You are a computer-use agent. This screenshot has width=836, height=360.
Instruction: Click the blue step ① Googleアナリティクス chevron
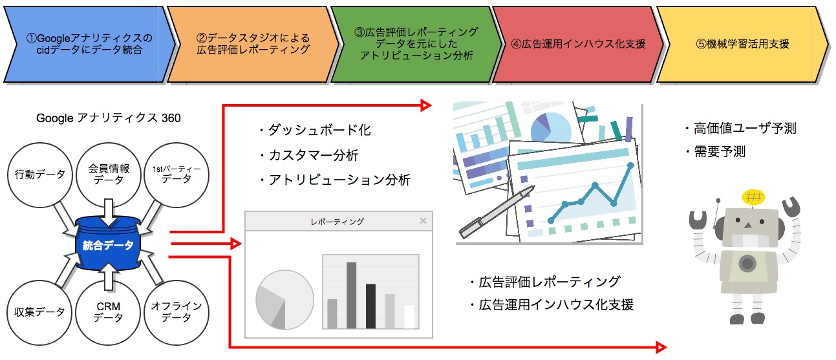90,44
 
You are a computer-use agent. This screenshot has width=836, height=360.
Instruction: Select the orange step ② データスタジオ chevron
253,44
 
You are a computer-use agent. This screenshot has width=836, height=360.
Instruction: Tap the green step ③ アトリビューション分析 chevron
416,44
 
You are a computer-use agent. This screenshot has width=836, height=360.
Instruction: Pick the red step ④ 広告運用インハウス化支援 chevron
578,44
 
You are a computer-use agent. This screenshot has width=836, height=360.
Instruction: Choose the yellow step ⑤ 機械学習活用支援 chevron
743,44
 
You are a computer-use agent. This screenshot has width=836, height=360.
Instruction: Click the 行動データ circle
40,175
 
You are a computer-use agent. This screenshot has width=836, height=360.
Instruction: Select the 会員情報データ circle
108,175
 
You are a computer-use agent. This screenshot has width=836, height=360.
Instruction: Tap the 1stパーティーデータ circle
177,175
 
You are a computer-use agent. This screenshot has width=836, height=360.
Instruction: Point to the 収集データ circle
39,313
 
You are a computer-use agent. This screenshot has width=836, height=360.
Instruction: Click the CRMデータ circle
108,313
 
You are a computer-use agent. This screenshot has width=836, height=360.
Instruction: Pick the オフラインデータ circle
177,313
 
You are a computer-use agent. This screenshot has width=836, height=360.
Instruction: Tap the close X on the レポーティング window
423,221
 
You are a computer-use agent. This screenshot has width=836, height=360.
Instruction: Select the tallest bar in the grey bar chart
351,295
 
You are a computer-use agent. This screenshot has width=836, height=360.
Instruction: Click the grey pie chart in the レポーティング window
284,299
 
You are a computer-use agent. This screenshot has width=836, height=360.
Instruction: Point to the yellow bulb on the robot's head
753,196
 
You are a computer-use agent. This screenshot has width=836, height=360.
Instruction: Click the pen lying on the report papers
497,212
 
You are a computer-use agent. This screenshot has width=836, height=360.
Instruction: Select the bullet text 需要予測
720,152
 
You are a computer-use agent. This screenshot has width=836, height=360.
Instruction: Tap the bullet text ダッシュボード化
319,130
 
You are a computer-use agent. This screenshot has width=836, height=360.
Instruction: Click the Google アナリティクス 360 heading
108,118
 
